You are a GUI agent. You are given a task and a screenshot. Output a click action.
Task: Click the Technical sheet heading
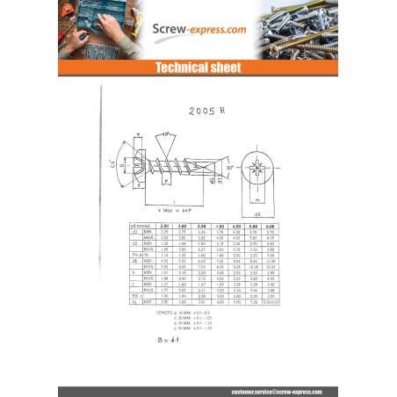click(198, 68)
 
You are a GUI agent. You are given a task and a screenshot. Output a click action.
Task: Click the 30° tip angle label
click(229, 168)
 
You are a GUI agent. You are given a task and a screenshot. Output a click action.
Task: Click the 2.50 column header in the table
click(162, 227)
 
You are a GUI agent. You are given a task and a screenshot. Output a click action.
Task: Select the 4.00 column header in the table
click(221, 227)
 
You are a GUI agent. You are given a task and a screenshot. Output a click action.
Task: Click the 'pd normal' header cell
click(141, 227)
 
